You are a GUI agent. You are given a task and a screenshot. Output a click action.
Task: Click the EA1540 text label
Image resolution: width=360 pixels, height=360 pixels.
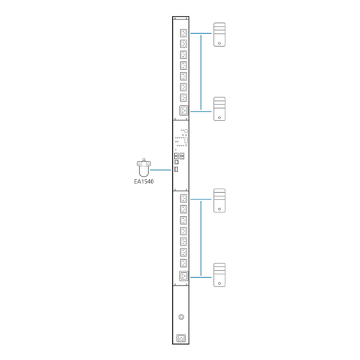tap(144, 181)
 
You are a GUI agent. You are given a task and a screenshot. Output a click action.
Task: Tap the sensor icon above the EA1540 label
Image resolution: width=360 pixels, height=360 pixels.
tap(144, 168)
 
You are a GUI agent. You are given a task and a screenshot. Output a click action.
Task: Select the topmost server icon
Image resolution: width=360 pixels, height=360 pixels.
tap(220, 35)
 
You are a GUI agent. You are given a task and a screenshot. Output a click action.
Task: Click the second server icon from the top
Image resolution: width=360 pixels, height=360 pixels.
tap(220, 109)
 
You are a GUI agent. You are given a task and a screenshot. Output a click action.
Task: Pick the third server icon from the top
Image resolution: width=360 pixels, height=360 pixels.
tap(220, 200)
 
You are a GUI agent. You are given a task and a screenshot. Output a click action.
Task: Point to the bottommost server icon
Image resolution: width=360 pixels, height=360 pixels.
tap(220, 275)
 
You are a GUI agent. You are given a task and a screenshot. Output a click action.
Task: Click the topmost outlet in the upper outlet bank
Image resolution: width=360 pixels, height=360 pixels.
tap(184, 33)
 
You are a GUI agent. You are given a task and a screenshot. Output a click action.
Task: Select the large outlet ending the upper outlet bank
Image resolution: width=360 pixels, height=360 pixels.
tap(184, 111)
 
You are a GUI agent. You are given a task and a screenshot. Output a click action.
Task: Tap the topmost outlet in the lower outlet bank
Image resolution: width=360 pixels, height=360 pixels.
tap(184, 199)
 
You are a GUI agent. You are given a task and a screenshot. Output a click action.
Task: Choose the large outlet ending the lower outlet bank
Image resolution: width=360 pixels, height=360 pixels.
tap(184, 276)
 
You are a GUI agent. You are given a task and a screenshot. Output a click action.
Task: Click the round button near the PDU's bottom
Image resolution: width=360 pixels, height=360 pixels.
tap(181, 317)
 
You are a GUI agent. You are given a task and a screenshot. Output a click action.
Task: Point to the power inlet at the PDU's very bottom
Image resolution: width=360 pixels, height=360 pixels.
tap(181, 338)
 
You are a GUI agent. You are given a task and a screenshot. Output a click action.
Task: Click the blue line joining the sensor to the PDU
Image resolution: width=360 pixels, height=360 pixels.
tap(161, 170)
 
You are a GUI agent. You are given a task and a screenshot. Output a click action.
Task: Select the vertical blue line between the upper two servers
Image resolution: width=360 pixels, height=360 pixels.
tap(201, 72)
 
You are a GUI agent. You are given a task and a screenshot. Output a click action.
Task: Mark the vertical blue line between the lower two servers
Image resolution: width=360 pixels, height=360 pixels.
tap(201, 238)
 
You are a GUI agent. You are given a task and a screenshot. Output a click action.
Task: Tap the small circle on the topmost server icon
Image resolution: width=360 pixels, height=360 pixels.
tap(220, 43)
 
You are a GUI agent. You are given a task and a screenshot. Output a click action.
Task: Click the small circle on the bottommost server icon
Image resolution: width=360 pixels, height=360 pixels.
tap(220, 284)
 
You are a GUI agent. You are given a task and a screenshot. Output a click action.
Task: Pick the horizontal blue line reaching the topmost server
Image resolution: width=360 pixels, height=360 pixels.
tap(201, 33)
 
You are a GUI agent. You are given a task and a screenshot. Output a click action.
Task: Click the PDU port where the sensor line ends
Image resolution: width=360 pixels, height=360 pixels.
tap(176, 169)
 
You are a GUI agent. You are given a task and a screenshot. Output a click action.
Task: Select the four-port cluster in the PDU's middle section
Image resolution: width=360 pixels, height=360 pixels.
tap(179, 156)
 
